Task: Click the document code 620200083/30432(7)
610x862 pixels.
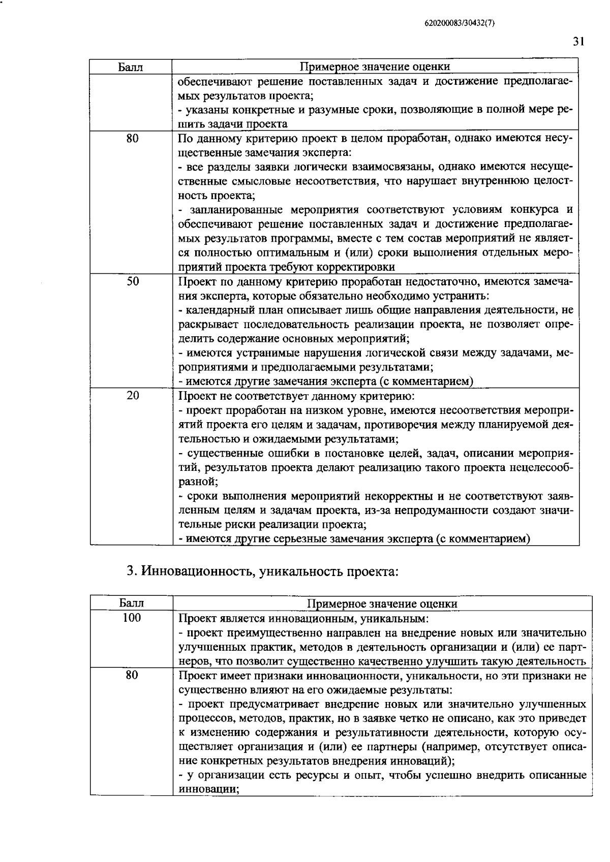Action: click(459, 23)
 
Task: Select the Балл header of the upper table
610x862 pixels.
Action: click(131, 67)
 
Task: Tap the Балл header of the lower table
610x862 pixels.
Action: click(132, 603)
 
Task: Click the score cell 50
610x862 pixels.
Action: click(132, 281)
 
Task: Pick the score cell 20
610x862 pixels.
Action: click(132, 395)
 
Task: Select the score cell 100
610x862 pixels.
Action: click(132, 618)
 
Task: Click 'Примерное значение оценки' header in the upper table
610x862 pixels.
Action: click(375, 67)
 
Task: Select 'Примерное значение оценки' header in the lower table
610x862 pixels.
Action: click(383, 603)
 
